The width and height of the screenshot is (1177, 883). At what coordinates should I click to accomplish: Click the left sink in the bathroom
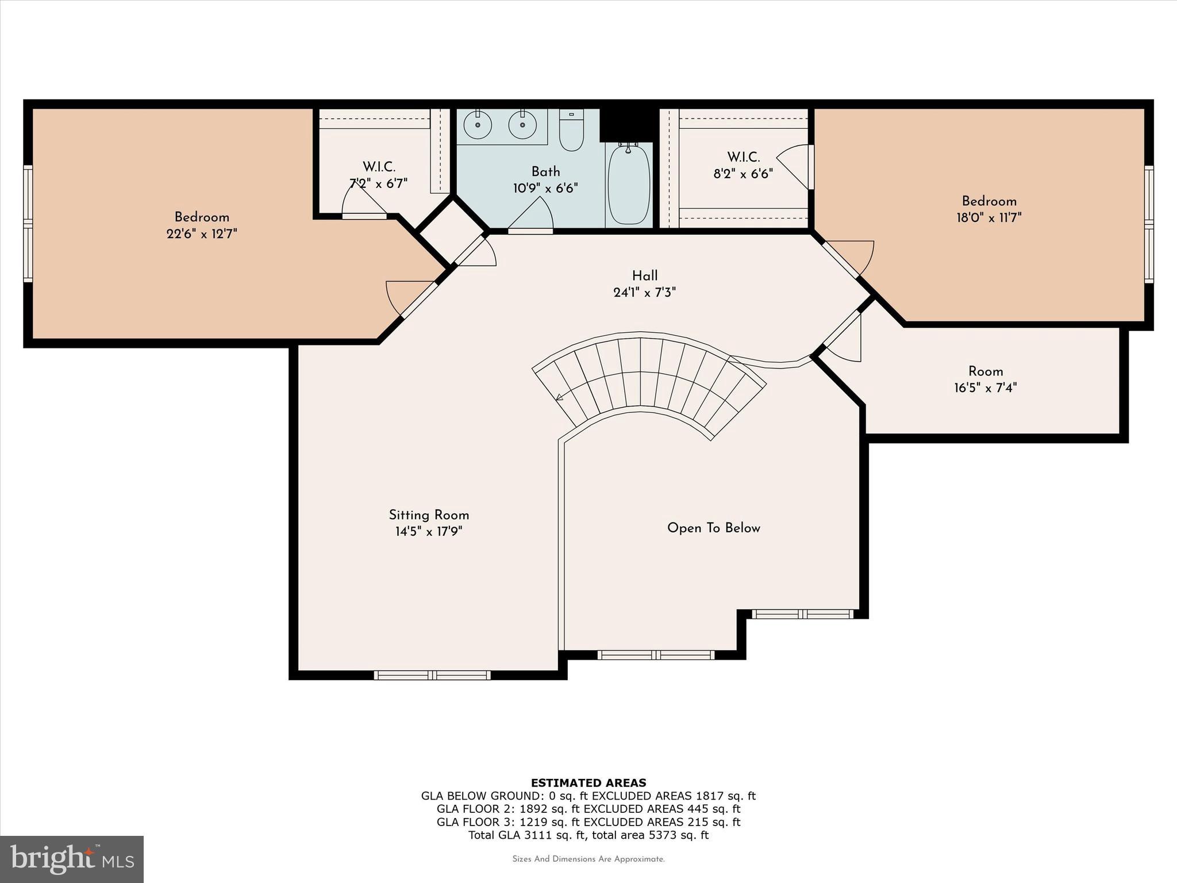[x=477, y=125]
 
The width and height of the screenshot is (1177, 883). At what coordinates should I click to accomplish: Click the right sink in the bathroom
[x=522, y=125]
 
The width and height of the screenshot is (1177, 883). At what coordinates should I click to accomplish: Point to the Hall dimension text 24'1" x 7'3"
[x=644, y=293]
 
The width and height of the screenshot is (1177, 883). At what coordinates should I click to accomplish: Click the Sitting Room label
[x=429, y=515]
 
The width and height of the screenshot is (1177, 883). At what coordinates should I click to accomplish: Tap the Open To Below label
[x=713, y=528]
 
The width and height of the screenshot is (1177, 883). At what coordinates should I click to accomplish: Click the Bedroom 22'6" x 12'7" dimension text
[x=202, y=234]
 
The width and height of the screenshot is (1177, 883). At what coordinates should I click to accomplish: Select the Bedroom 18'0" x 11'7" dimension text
[x=988, y=218]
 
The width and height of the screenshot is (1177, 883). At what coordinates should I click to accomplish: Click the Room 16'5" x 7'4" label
[x=986, y=371]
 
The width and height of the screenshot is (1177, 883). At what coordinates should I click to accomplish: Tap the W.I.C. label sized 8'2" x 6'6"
[x=743, y=157]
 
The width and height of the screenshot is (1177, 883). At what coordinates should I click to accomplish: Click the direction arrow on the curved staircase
[x=558, y=397]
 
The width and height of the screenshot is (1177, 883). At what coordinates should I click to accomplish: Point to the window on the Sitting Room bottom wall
[x=432, y=675]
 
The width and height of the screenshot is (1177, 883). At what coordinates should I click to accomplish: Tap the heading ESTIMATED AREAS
[x=588, y=782]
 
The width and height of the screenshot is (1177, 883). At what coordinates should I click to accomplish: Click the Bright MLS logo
[x=72, y=859]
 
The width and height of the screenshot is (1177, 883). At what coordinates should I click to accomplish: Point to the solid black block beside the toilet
[x=627, y=123]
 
